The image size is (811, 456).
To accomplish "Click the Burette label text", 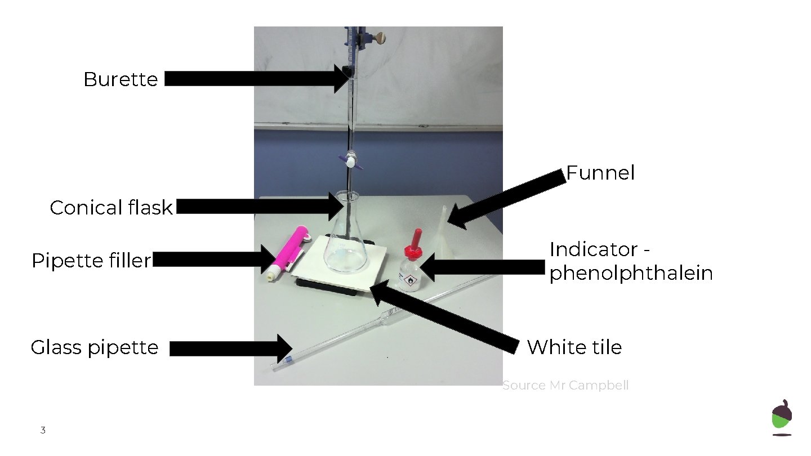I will (121, 79).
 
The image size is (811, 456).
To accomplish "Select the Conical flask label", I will (111, 208).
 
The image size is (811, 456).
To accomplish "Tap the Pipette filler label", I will (91, 261).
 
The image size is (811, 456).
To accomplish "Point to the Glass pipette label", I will (95, 347).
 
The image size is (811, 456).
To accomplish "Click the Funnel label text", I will (600, 173).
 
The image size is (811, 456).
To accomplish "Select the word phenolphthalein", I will (631, 274).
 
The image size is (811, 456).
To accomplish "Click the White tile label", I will (574, 347).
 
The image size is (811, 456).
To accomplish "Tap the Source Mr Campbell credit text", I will (565, 386).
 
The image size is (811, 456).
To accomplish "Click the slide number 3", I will (43, 431).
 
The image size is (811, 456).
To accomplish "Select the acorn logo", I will (781, 418).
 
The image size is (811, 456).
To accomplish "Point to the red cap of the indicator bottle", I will (417, 240).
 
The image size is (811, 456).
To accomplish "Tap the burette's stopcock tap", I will (351, 162).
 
